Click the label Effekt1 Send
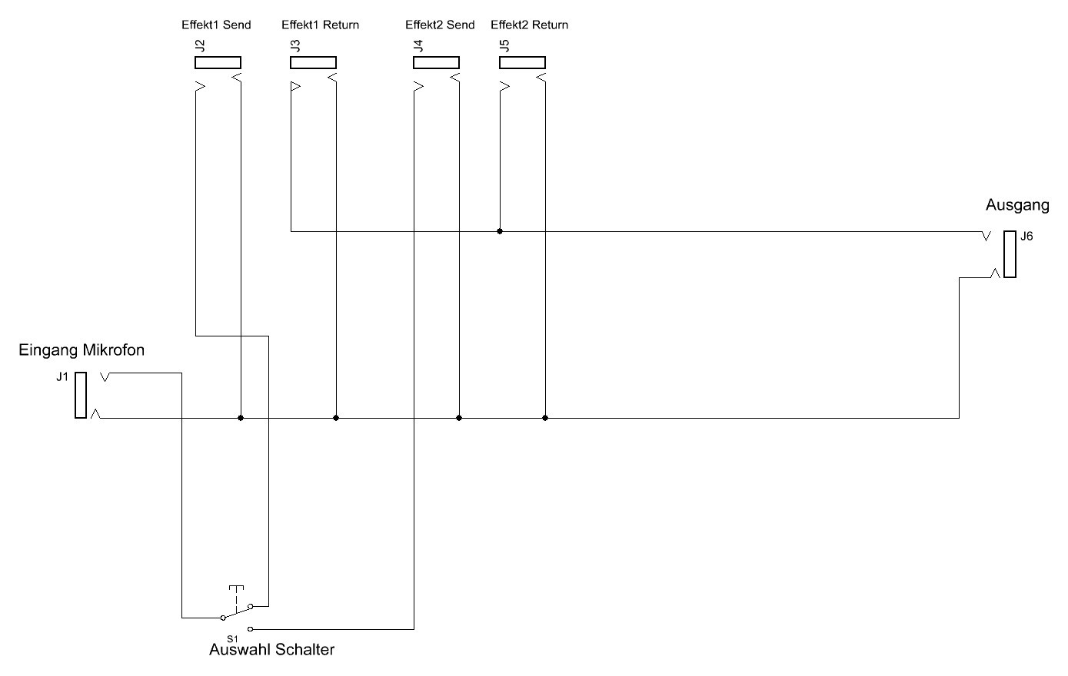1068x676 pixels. point(216,25)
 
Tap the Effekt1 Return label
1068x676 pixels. point(320,25)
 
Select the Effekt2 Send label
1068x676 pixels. point(440,25)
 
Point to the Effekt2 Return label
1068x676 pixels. point(529,25)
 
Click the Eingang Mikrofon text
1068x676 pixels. point(82,350)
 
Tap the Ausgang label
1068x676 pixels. point(1017,205)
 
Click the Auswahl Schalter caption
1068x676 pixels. point(271,650)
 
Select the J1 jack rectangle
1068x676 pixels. point(81,395)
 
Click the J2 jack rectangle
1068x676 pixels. point(218,62)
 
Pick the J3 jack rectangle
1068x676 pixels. point(313,62)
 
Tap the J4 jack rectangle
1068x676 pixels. point(437,62)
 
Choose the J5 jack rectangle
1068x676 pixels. point(523,62)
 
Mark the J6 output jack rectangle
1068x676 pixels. point(1010,254)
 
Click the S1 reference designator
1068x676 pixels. point(232,638)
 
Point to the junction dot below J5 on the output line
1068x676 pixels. point(500,231)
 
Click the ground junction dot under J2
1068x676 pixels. point(241,418)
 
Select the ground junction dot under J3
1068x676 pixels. point(336,418)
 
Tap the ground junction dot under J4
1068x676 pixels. point(459,418)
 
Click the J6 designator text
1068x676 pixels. point(1026,237)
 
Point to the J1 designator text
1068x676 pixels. point(62,376)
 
